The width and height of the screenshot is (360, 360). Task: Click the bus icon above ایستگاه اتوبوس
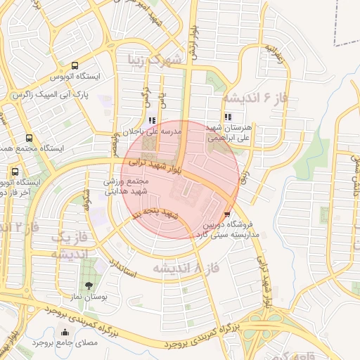click(75, 65)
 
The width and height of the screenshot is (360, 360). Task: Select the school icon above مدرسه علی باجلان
click(153, 120)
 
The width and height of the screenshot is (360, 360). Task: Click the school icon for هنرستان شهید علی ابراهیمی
click(226, 117)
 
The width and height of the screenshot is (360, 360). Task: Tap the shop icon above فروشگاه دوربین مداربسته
click(226, 214)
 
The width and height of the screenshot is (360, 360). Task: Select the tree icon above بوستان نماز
click(88, 285)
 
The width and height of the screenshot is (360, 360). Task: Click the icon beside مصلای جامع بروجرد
click(65, 333)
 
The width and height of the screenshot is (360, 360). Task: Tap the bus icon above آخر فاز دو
click(15, 172)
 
